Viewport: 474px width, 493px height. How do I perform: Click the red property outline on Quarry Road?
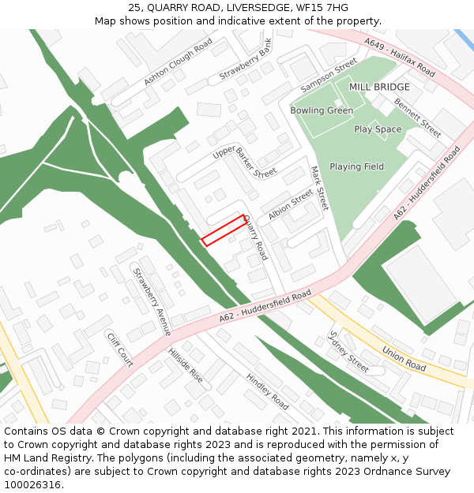pyautogui.click(x=224, y=230)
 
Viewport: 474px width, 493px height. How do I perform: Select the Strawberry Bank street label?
pyautogui.click(x=246, y=60)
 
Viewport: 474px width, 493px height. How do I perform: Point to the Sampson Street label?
pyautogui.click(x=329, y=76)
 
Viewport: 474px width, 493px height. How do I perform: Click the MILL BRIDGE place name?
pyautogui.click(x=379, y=87)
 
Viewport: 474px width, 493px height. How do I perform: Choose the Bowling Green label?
pyautogui.click(x=322, y=110)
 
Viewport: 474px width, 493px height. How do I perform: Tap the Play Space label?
pyautogui.click(x=378, y=129)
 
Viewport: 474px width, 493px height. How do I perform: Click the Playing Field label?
pyautogui.click(x=356, y=166)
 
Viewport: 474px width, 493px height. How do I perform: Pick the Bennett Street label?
pyautogui.click(x=417, y=118)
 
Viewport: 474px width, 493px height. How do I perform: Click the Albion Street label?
pyautogui.click(x=290, y=206)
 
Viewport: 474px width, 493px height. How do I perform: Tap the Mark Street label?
pyautogui.click(x=318, y=187)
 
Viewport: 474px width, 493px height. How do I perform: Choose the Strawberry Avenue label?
pyautogui.click(x=152, y=301)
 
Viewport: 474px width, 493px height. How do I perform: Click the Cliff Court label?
pyautogui.click(x=120, y=349)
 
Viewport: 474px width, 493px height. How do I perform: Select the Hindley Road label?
pyautogui.click(x=268, y=390)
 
